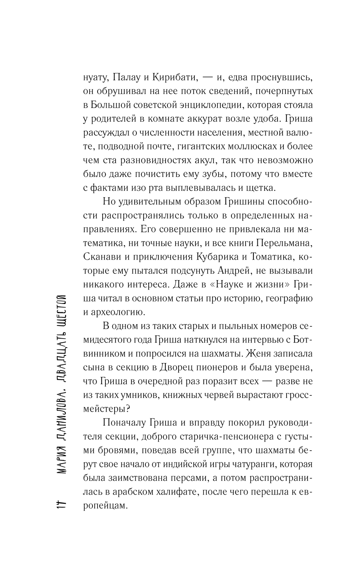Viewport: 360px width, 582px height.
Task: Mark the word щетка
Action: pyautogui.click(x=262, y=188)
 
